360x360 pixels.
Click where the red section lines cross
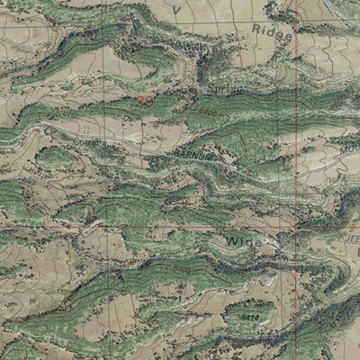point(296,229)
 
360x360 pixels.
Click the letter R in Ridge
point(257,31)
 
